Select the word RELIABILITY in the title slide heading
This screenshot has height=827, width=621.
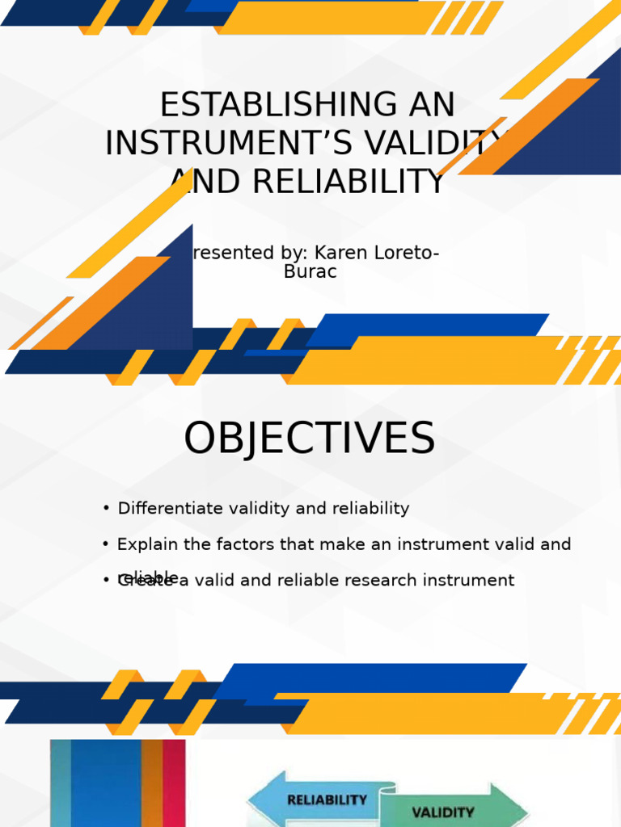click(349, 182)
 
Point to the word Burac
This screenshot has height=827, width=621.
click(310, 272)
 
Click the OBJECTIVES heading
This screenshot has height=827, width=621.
click(309, 439)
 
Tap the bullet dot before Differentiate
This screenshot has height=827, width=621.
click(106, 508)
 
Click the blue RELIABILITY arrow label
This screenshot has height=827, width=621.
click(327, 800)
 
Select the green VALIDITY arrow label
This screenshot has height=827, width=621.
click(442, 812)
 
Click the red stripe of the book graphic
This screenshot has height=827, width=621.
click(174, 783)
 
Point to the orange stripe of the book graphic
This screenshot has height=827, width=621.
click(152, 783)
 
